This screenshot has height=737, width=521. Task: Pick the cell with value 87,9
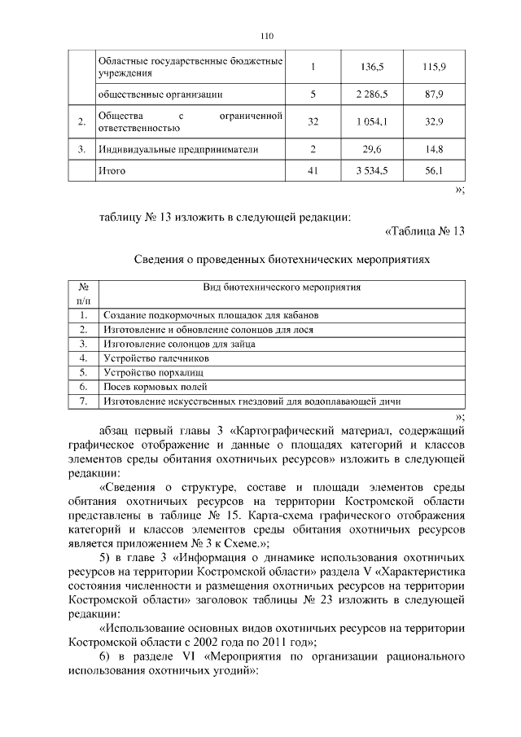coord(433,95)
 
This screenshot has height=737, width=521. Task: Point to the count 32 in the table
coord(313,122)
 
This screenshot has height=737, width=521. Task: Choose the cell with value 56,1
coord(433,173)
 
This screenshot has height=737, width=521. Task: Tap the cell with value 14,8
coord(433,149)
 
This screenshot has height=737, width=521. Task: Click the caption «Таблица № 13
coord(423,230)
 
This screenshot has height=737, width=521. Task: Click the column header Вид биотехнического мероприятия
coord(282,287)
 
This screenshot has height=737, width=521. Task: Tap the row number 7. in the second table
coord(82,401)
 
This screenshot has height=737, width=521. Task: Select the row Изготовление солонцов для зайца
coord(180,344)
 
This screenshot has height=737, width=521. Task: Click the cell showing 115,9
coord(433,67)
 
